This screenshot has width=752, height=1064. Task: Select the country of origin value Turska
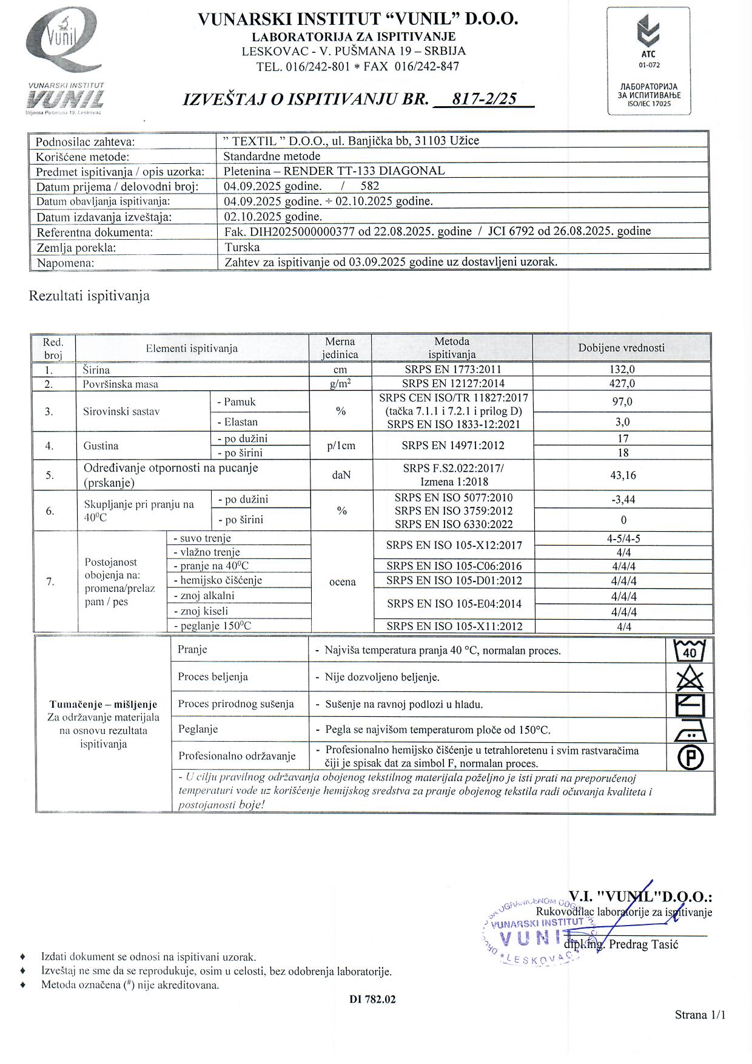[x=242, y=248]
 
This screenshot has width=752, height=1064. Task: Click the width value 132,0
[x=622, y=369]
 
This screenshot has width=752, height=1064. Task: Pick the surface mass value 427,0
[x=622, y=384]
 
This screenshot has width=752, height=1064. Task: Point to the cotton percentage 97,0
[x=622, y=402]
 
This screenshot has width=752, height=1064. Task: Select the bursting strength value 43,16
[x=623, y=475]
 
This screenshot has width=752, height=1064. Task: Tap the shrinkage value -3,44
[x=623, y=500]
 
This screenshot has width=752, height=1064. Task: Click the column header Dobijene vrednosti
[x=621, y=348]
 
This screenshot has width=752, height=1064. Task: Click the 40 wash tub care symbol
[x=690, y=651]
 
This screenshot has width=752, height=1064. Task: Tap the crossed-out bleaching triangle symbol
[x=690, y=677]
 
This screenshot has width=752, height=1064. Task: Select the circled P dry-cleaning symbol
[x=690, y=758]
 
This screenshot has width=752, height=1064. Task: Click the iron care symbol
[x=690, y=730]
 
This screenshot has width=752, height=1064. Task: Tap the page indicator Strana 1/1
[x=700, y=1015]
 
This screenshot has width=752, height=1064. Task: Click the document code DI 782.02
[x=372, y=999]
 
